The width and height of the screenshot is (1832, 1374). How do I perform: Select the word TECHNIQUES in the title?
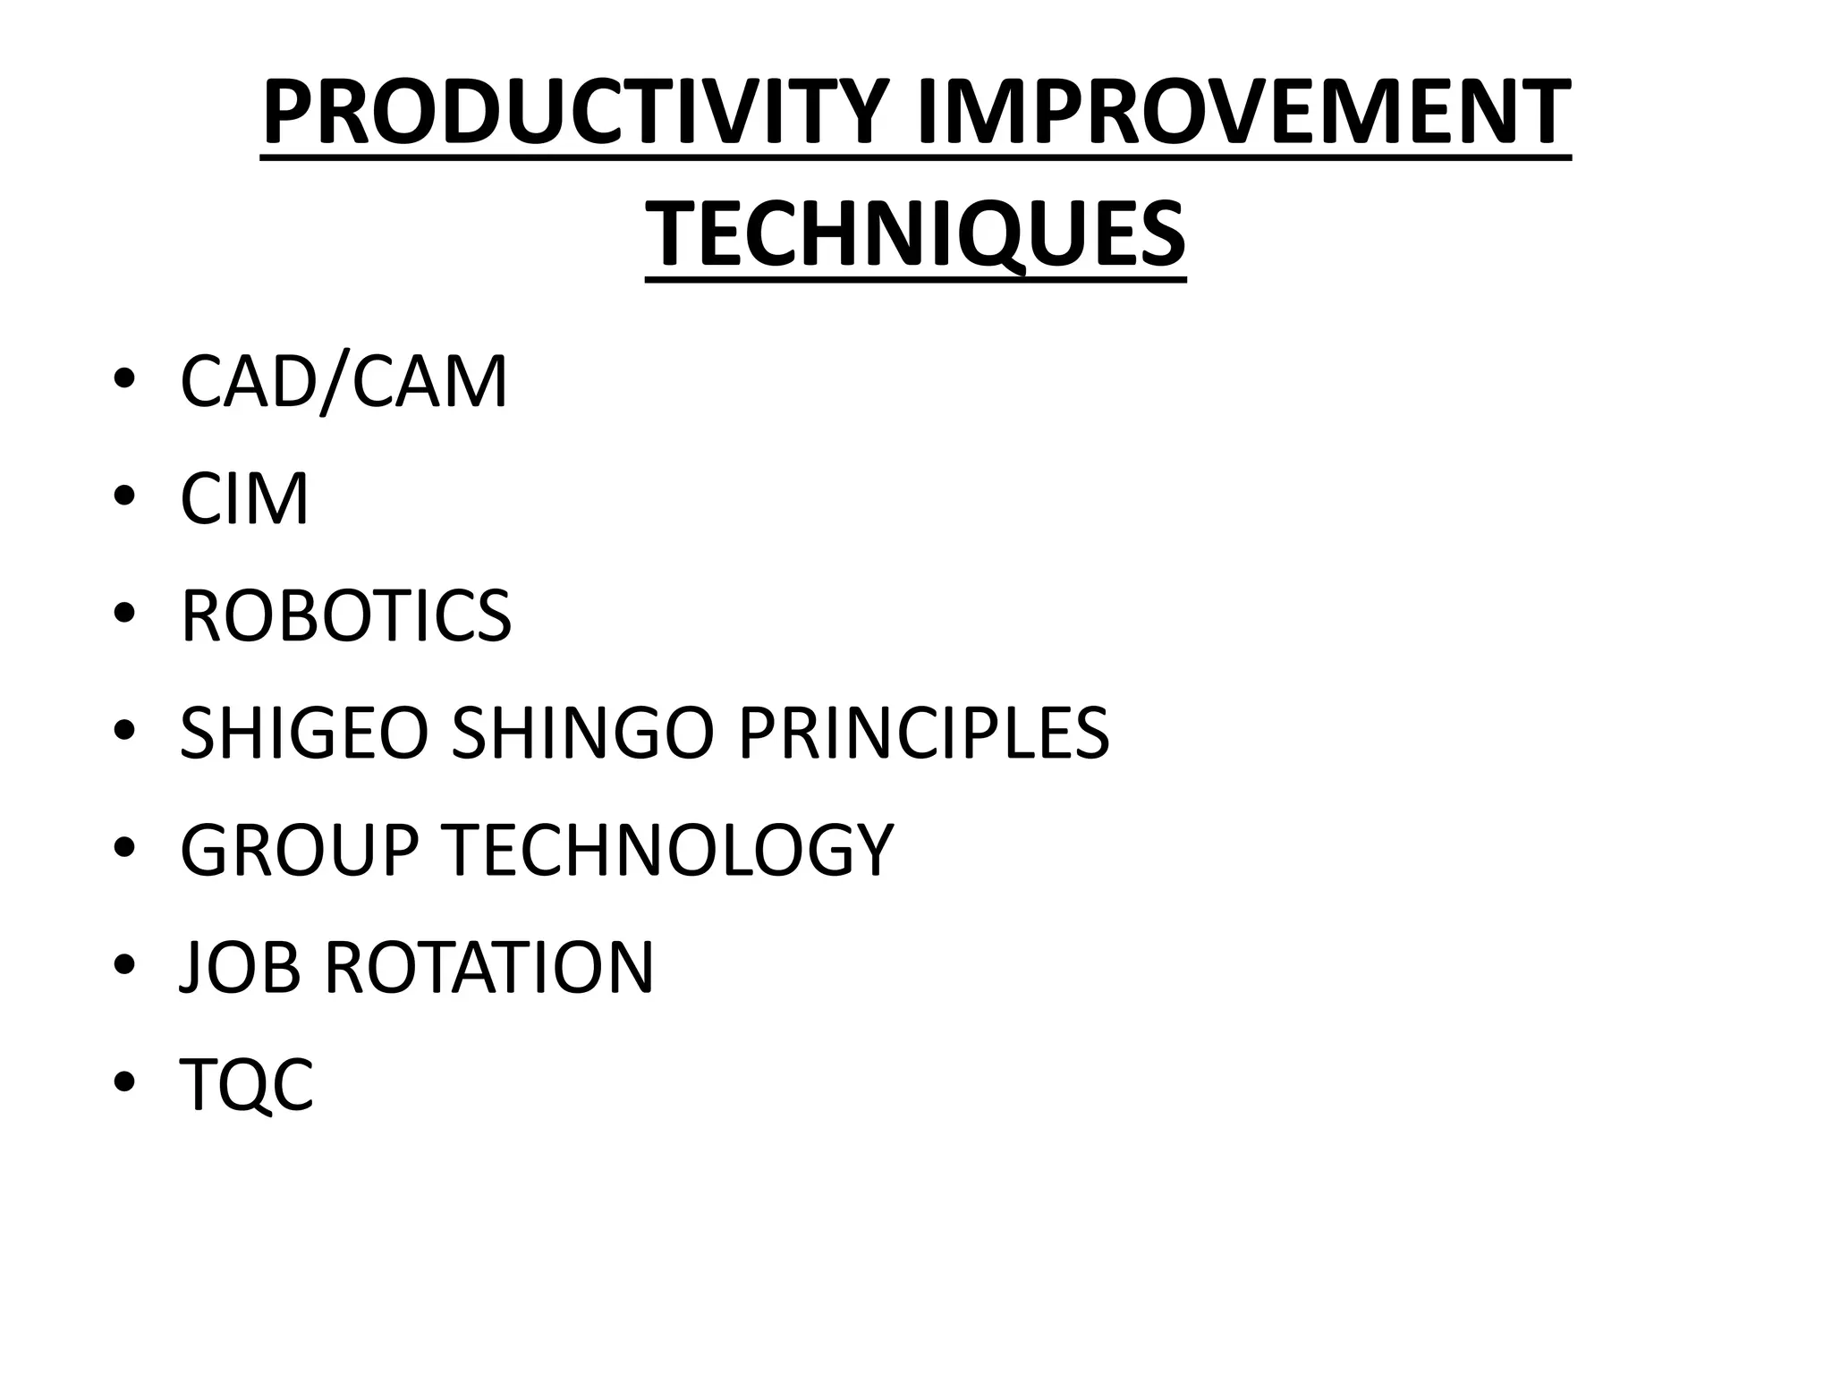(915, 234)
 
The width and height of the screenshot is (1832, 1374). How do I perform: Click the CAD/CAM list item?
(343, 383)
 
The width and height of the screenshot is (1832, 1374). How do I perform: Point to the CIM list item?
(244, 499)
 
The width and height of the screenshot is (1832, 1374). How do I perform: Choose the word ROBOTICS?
(345, 616)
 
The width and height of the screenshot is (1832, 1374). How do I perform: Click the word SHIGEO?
(304, 734)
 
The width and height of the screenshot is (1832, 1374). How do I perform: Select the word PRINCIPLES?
(922, 734)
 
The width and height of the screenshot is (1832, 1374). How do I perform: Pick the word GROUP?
(299, 850)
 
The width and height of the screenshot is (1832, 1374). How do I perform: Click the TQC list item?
(247, 1084)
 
